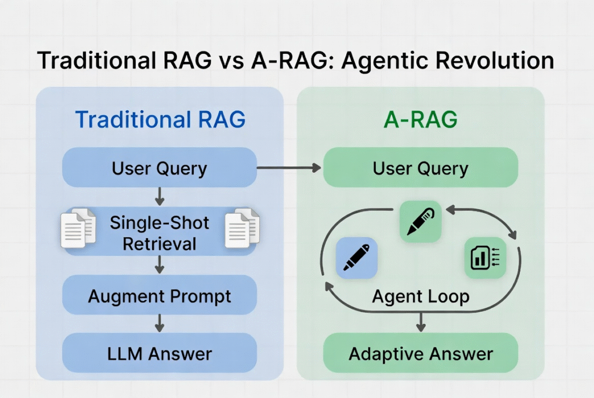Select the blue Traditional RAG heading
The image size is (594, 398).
160,119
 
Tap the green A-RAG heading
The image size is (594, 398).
421,119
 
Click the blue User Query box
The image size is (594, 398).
160,169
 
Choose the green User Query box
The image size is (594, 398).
421,169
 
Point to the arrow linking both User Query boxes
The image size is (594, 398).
288,168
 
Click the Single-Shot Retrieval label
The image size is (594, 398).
160,233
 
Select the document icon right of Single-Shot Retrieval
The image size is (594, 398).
242,228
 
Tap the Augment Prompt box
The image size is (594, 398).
160,297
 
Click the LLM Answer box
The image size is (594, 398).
160,353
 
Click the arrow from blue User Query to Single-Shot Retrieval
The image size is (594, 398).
160,197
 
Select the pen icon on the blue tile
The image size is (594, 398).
357,258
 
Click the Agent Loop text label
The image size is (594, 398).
421,297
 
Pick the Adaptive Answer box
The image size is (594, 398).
421,353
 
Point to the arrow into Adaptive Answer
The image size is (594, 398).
421,322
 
